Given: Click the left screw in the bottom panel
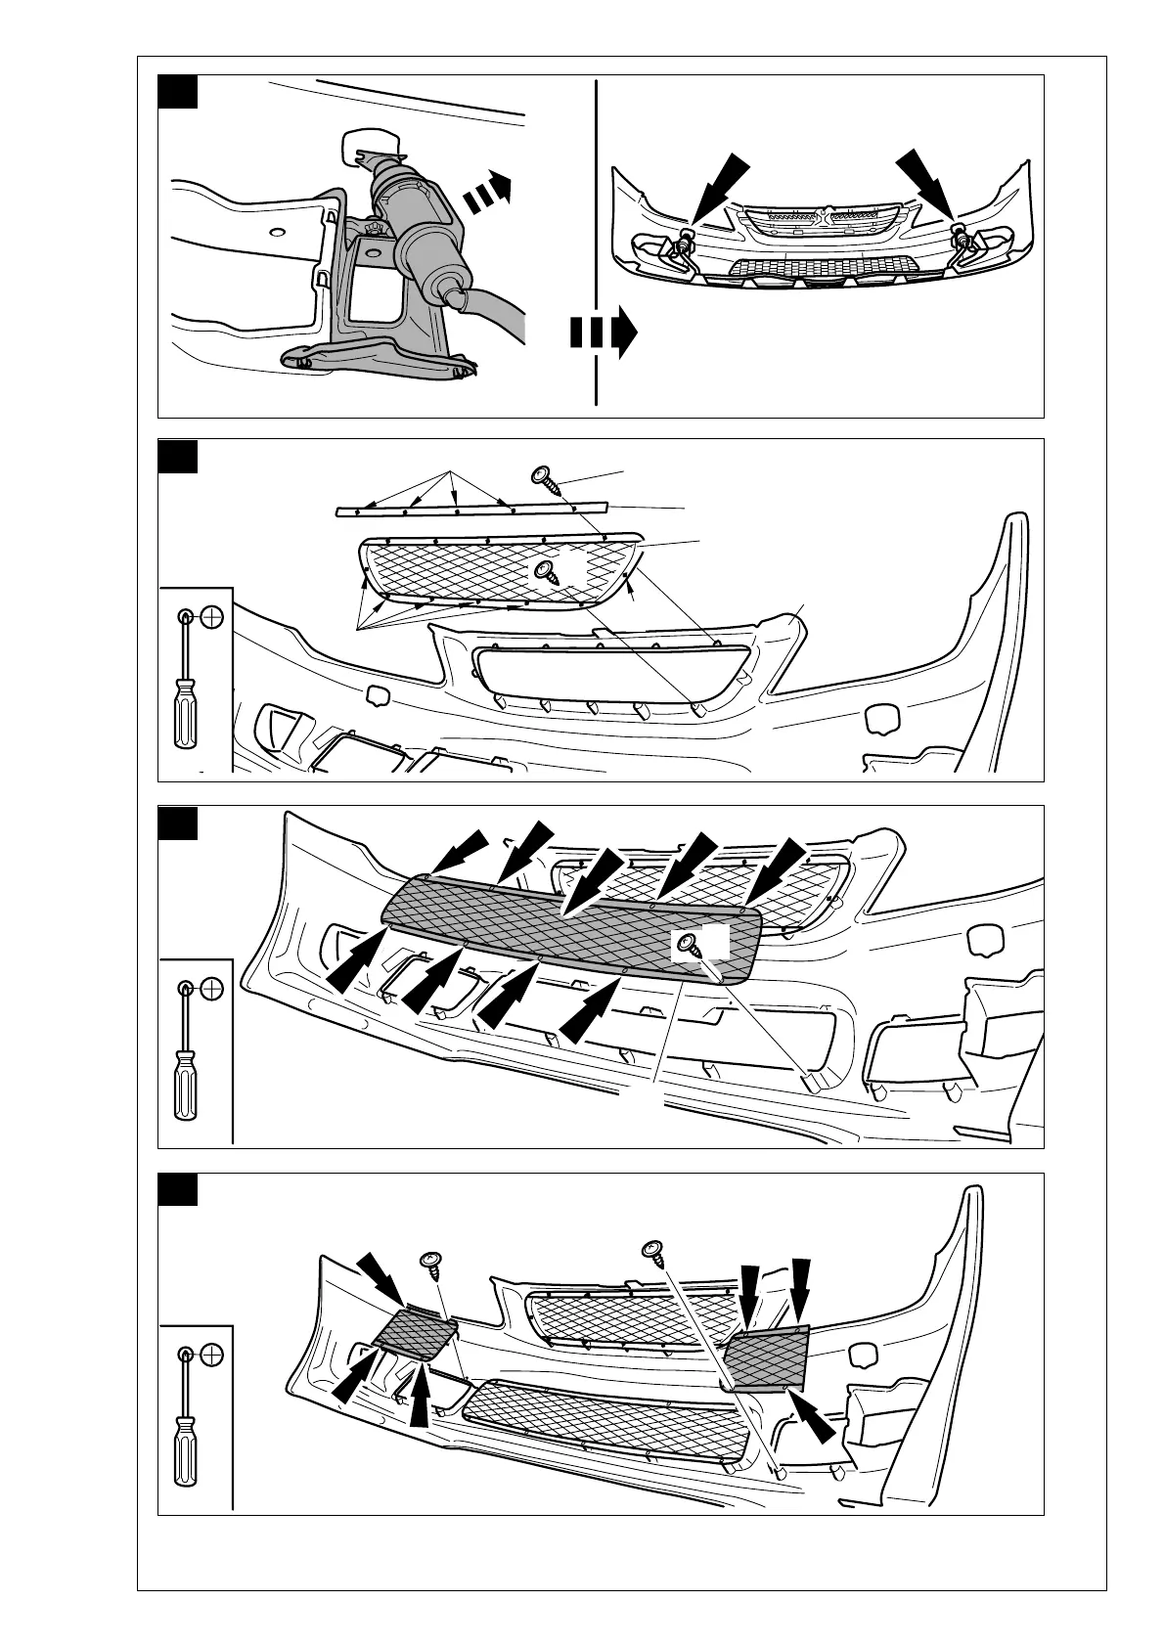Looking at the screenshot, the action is click(x=430, y=1263).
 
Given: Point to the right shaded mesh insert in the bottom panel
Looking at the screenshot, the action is click(x=768, y=1358).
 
